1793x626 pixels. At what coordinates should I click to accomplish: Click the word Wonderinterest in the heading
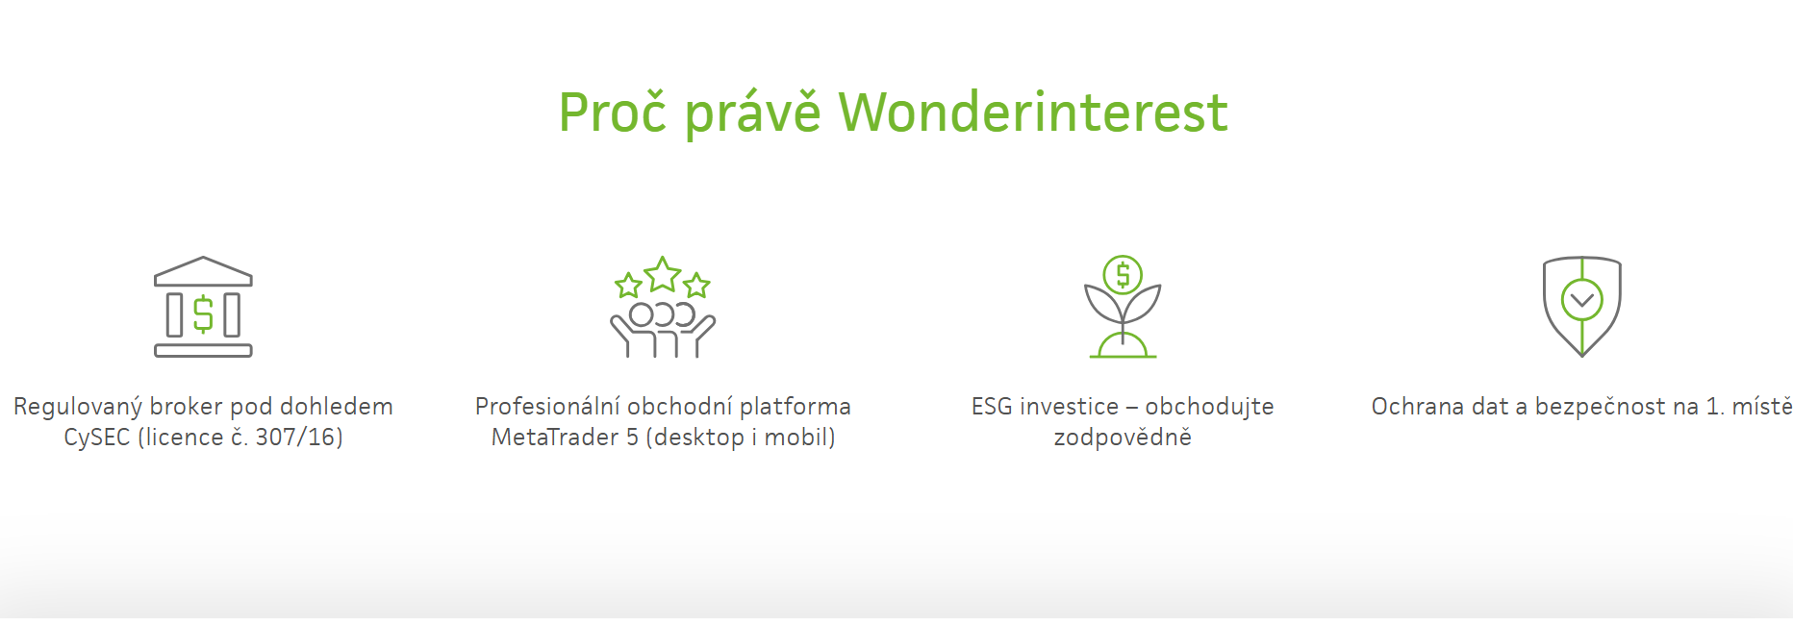coord(1033,113)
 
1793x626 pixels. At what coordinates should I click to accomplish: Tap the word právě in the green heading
coord(752,113)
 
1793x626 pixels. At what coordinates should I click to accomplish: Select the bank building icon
coord(203,307)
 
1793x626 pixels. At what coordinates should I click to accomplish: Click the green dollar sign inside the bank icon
coord(203,314)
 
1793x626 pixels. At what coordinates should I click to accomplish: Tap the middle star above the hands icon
coord(663,275)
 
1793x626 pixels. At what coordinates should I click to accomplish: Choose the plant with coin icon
coord(1123,307)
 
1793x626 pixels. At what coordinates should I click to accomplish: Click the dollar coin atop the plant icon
coord(1123,275)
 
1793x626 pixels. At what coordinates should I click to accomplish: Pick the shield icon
coord(1582,307)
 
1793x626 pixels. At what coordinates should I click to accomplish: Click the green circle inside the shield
coord(1582,300)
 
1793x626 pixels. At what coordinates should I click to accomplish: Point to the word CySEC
coord(96,438)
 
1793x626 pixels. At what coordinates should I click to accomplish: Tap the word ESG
coord(991,407)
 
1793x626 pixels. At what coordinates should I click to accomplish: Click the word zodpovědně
coord(1123,438)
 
